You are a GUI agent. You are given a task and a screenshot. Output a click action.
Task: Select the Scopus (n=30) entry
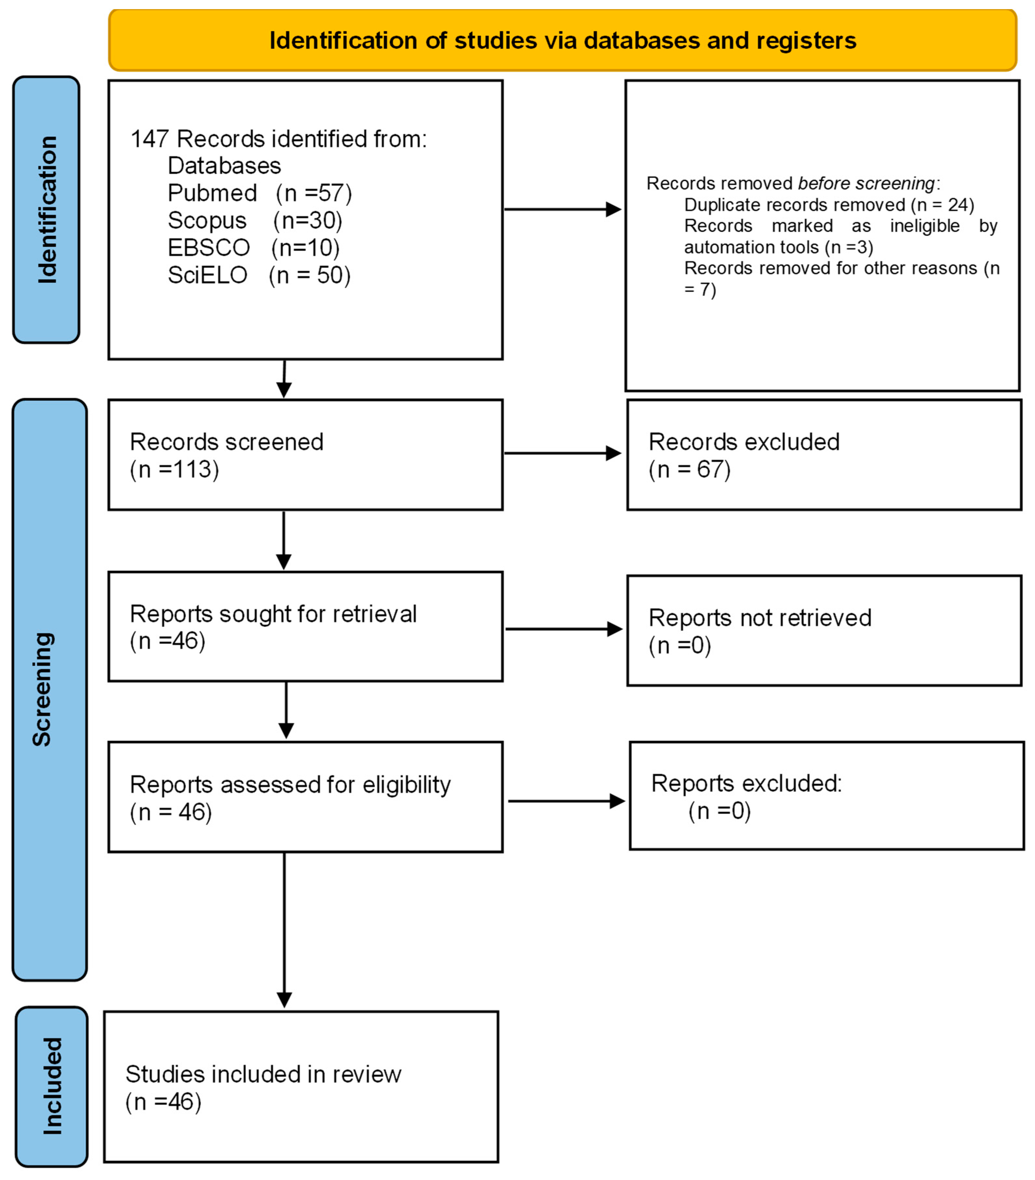[255, 220]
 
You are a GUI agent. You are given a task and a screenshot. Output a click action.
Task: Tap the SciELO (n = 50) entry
[259, 275]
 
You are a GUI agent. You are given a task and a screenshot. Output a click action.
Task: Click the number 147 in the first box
[150, 139]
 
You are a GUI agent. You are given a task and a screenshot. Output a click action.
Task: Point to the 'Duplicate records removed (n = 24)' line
[829, 205]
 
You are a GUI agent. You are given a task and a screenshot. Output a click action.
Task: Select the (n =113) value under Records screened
[174, 469]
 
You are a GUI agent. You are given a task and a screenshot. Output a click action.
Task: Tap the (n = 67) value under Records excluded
[690, 469]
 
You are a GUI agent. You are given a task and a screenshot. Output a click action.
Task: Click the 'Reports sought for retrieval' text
[273, 614]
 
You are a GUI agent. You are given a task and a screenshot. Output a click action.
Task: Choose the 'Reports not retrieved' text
[760, 618]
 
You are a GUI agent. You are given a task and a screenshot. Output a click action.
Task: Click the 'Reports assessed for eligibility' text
[290, 784]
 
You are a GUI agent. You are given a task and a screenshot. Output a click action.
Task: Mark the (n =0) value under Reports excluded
[719, 811]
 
